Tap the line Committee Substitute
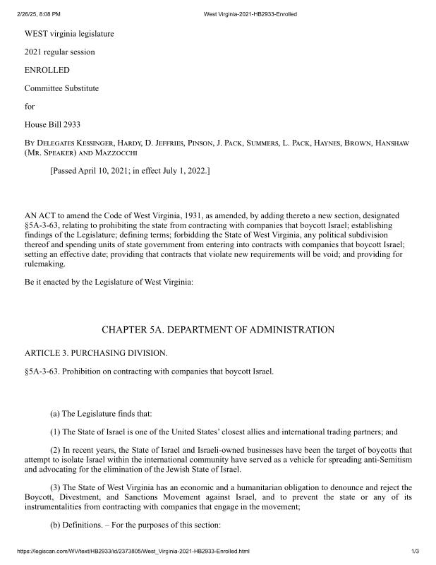(62, 88)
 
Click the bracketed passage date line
(130, 171)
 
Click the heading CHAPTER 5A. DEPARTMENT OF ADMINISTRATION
(218, 330)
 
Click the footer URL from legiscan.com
(131, 551)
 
